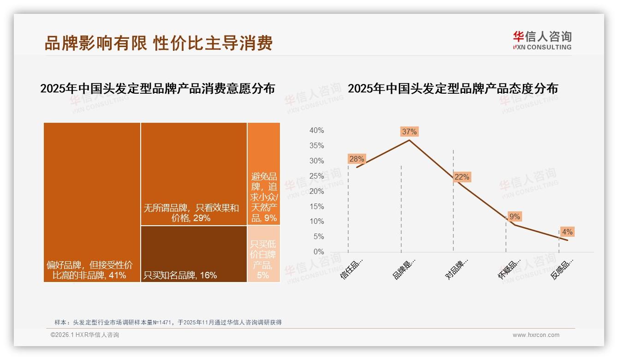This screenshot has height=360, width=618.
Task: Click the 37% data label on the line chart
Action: [409, 132]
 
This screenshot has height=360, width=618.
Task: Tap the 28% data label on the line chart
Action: [357, 159]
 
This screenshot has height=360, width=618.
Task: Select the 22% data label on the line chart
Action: [462, 177]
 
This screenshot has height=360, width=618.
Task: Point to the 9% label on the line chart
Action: [514, 216]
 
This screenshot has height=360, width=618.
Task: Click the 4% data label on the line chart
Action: [567, 232]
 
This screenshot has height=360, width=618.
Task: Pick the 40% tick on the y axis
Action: [316, 131]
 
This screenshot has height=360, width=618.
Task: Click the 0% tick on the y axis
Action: [319, 252]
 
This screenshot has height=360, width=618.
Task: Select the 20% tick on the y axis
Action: [316, 191]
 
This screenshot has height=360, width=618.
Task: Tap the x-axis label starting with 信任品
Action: [352, 268]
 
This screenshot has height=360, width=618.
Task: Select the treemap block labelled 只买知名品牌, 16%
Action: [194, 254]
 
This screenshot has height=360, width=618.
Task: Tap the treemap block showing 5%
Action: [263, 254]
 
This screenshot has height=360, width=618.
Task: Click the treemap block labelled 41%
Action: [92, 202]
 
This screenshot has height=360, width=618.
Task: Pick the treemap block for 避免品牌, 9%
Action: [264, 174]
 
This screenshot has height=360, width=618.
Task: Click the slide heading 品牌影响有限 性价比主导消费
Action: [158, 43]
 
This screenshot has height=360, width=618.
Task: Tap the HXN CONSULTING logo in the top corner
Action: [542, 41]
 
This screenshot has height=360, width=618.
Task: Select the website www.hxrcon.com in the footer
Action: [536, 335]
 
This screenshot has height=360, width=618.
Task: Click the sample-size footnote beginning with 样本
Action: [168, 322]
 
